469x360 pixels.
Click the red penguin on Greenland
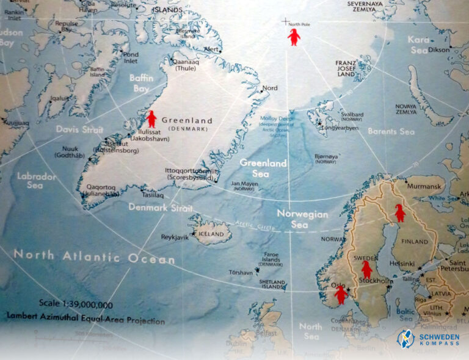(151, 119)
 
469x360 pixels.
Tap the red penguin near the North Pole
(294, 37)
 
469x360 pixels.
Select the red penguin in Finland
(399, 213)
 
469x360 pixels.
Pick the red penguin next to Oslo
(341, 295)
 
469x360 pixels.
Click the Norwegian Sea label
(302, 219)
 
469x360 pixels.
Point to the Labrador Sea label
(37, 181)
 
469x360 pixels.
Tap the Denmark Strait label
(161, 207)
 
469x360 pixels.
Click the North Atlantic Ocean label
(95, 257)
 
